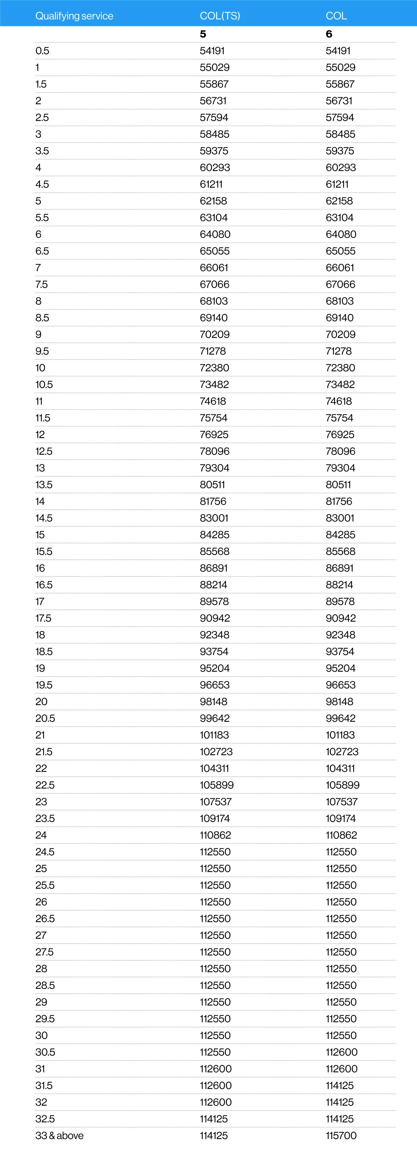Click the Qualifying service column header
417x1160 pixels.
click(74, 16)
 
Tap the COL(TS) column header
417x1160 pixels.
click(220, 16)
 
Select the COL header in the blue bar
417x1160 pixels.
click(336, 16)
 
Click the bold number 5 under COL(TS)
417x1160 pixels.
click(203, 34)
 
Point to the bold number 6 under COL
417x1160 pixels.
click(329, 34)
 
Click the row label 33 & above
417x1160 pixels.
click(59, 1135)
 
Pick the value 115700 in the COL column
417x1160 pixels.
click(341, 1135)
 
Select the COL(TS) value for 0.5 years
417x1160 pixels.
click(212, 51)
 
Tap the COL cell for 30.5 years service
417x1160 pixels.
click(342, 1052)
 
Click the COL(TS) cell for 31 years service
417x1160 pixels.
click(215, 1069)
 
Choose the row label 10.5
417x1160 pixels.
click(44, 385)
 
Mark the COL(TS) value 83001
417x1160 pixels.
click(214, 518)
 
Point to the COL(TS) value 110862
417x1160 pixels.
click(215, 835)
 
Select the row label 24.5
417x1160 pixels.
click(45, 852)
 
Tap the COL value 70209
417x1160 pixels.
click(341, 335)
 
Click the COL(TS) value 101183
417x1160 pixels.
click(214, 735)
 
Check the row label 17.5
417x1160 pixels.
click(43, 618)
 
